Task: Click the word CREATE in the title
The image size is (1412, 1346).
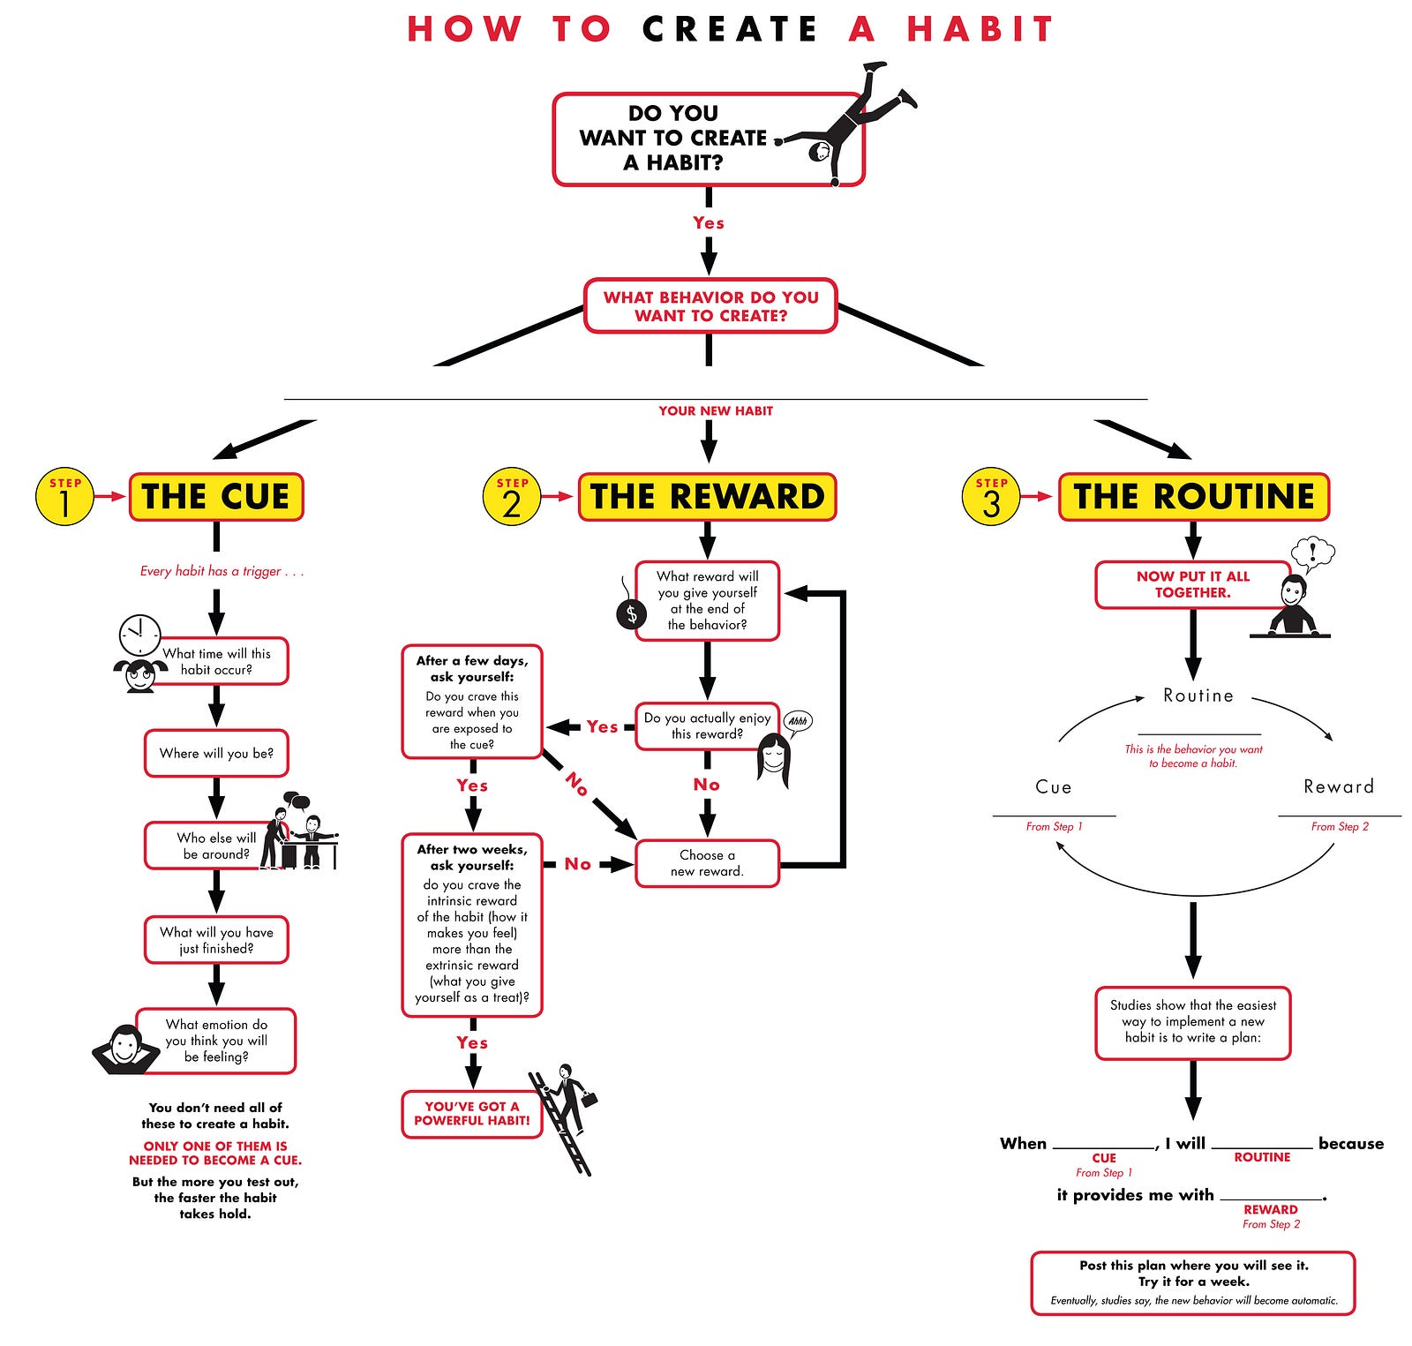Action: [729, 29]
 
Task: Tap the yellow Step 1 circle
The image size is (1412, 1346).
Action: [64, 497]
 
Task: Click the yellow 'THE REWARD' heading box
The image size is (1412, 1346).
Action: [707, 497]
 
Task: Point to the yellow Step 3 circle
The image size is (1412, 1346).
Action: [991, 497]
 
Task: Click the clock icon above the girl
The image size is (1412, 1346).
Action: [139, 635]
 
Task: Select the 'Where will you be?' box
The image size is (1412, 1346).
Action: [216, 753]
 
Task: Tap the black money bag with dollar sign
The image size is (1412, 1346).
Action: [631, 613]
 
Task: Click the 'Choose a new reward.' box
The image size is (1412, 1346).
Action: [707, 863]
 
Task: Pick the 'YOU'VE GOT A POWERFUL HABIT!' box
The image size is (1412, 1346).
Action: [471, 1114]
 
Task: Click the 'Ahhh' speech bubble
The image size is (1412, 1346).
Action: [798, 721]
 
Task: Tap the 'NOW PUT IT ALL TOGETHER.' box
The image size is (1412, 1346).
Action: [1192, 584]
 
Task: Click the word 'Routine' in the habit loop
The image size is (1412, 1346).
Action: [1198, 696]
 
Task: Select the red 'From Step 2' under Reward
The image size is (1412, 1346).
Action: [1340, 827]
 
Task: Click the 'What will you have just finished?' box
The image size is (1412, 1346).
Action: [216, 940]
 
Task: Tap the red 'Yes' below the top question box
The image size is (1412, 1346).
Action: [709, 223]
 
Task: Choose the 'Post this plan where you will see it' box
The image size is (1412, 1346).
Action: [1193, 1282]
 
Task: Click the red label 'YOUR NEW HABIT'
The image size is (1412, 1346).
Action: [715, 411]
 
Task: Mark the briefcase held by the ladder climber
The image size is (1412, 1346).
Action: [589, 1099]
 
